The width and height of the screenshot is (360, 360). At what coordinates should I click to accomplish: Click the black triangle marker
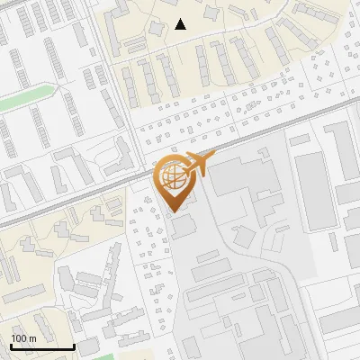pyautogui.click(x=181, y=24)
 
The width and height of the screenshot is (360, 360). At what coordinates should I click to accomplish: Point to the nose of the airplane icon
pyautogui.click(x=214, y=157)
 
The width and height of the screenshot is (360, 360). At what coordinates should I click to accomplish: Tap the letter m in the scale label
pyautogui.click(x=32, y=337)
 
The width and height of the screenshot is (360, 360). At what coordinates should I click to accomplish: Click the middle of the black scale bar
pyautogui.click(x=41, y=346)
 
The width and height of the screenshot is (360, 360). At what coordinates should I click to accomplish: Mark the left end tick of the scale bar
pyautogui.click(x=10, y=346)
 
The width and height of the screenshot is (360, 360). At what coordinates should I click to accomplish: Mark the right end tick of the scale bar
pyautogui.click(x=74, y=346)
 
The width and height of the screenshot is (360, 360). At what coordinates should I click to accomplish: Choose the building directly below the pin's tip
pyautogui.click(x=183, y=226)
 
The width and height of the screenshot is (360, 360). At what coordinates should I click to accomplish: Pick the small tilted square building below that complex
pyautogui.click(x=244, y=237)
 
